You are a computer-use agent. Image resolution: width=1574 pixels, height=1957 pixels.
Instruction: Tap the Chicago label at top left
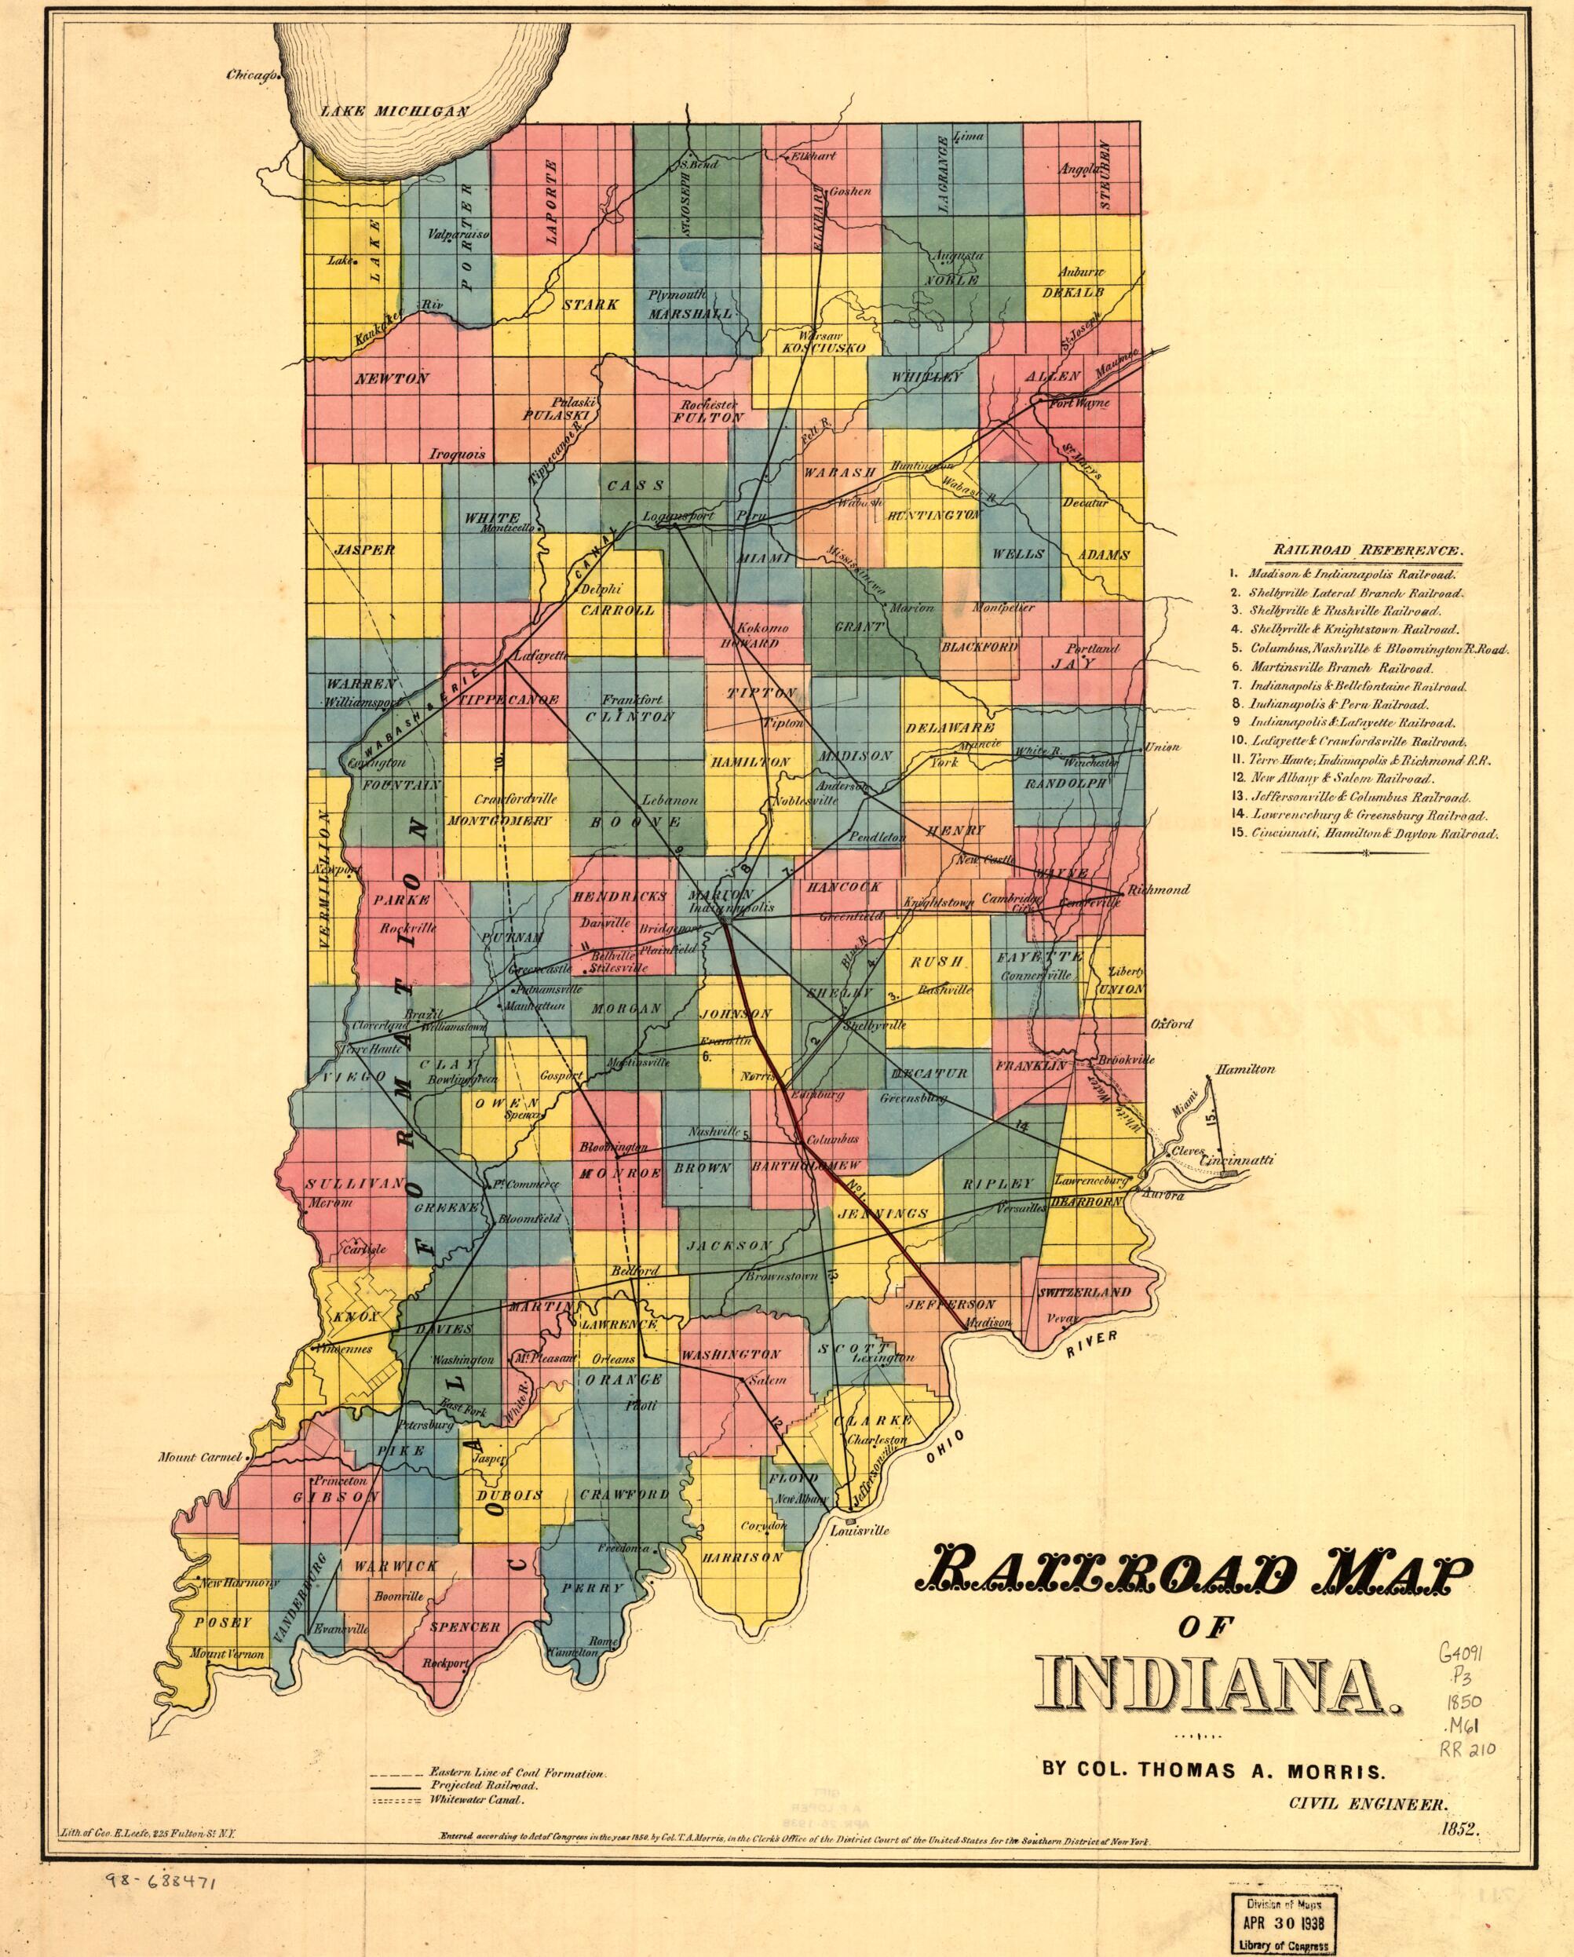click(x=251, y=75)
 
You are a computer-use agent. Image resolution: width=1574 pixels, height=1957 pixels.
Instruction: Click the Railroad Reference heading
click(x=1368, y=550)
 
